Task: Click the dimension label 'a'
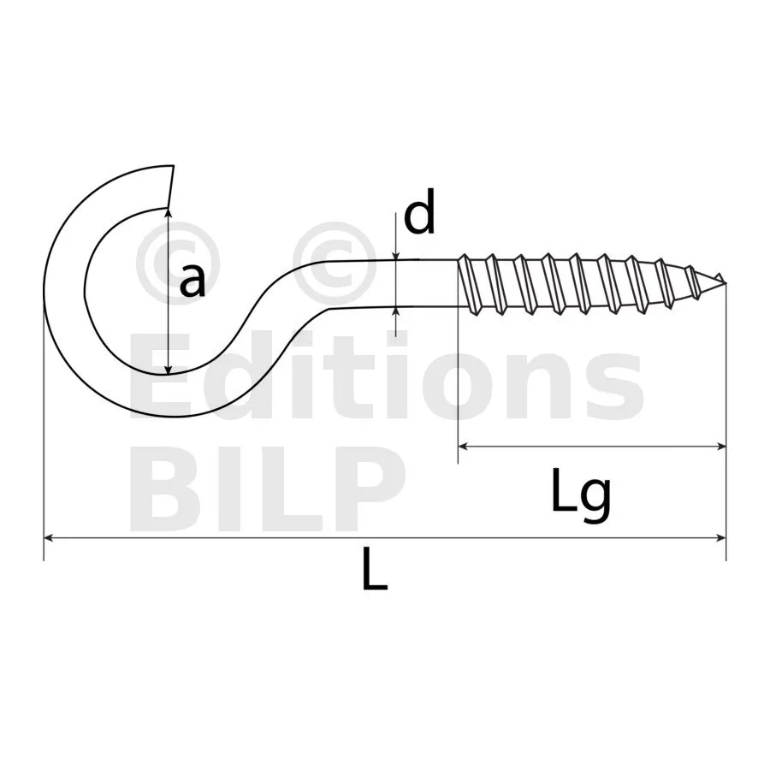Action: (192, 281)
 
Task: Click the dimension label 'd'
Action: (419, 211)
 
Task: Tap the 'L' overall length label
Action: (375, 570)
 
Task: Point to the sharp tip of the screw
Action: (726, 283)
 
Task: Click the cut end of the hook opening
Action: (171, 187)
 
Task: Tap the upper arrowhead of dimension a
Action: (169, 213)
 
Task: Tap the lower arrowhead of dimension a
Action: (169, 369)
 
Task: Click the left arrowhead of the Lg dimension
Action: (463, 447)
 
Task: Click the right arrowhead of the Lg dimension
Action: (721, 447)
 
